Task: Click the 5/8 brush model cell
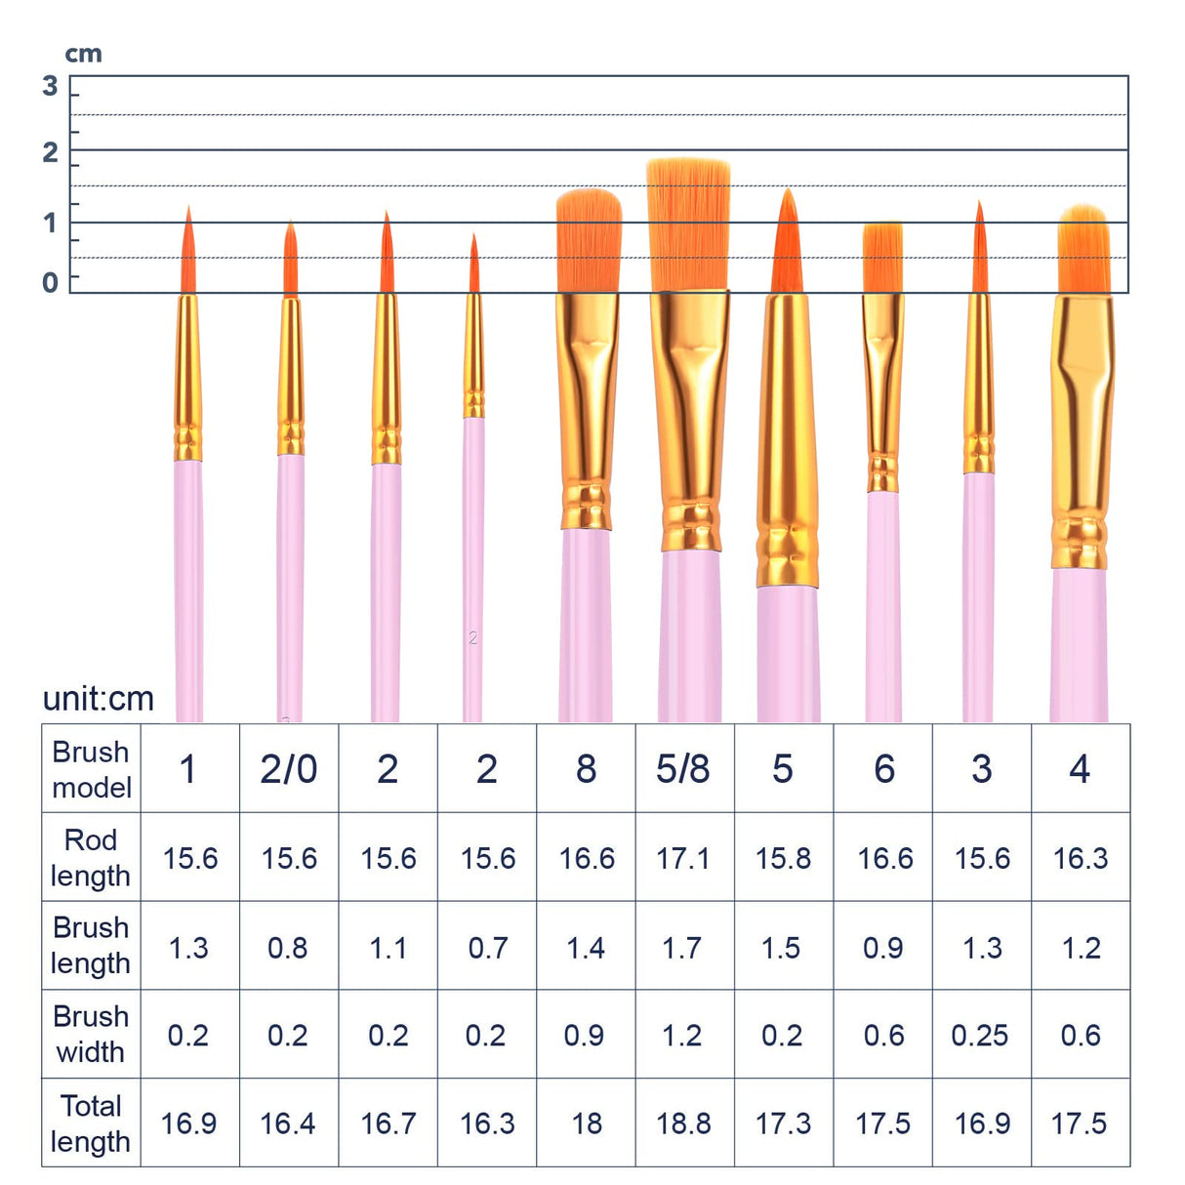click(683, 769)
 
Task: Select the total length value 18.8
click(683, 1124)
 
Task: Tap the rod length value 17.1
click(683, 858)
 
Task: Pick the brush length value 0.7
click(487, 948)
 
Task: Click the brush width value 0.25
click(980, 1036)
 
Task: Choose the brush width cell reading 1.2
click(682, 1036)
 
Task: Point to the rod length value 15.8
click(783, 858)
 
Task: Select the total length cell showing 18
click(586, 1124)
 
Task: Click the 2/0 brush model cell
click(289, 769)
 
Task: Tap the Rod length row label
click(91, 857)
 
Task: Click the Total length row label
click(91, 1124)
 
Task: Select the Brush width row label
click(91, 1035)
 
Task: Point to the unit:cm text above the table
click(99, 699)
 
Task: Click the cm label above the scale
click(84, 55)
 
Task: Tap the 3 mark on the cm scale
click(51, 87)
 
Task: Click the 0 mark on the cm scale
click(51, 283)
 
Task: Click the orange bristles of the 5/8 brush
click(689, 225)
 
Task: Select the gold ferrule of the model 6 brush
click(882, 390)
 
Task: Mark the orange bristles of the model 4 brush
click(1083, 252)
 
